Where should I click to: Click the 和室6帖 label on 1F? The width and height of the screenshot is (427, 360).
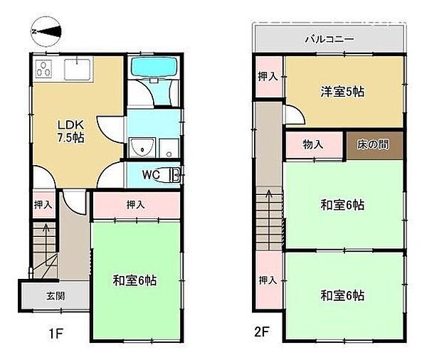[x=135, y=280]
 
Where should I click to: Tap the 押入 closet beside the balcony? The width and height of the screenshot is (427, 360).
[x=268, y=76]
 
